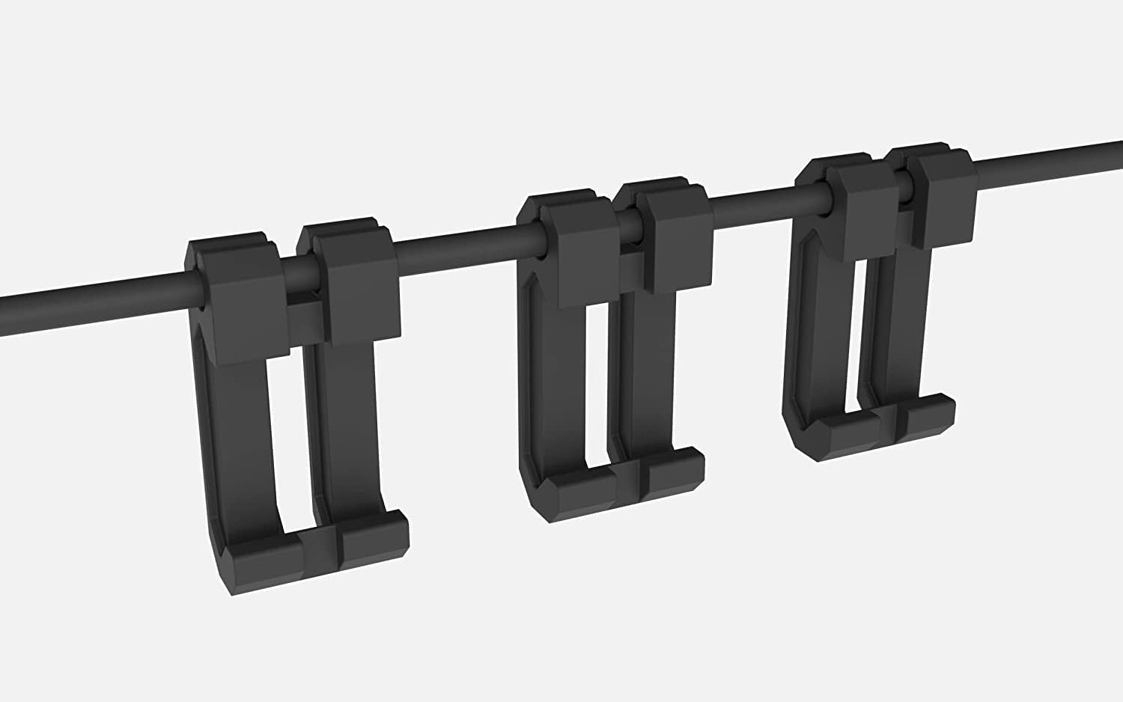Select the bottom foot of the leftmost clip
click(314, 550)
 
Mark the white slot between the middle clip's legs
click(597, 389)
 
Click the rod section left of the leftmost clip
click(90, 303)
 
